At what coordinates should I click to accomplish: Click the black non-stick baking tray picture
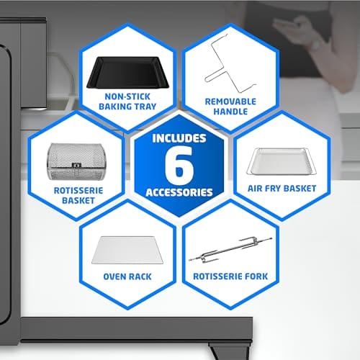click(x=127, y=73)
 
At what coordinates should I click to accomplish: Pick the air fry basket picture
click(x=282, y=161)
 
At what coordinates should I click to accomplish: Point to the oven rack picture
click(x=127, y=250)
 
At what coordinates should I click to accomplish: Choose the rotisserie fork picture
click(x=230, y=250)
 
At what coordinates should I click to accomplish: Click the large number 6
click(x=179, y=165)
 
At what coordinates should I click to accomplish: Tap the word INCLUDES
click(x=179, y=138)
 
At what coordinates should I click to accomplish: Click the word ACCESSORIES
click(x=179, y=192)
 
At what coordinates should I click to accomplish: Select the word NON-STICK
click(x=127, y=96)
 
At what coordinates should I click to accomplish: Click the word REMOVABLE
click(x=230, y=102)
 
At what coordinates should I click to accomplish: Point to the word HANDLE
click(x=230, y=112)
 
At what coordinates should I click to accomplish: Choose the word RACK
click(x=140, y=276)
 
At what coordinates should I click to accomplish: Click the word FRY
click(x=271, y=189)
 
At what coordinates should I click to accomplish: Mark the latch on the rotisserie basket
click(x=76, y=166)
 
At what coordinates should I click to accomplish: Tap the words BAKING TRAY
click(x=127, y=107)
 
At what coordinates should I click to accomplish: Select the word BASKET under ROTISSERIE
click(x=78, y=201)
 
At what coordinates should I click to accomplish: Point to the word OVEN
click(x=114, y=276)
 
